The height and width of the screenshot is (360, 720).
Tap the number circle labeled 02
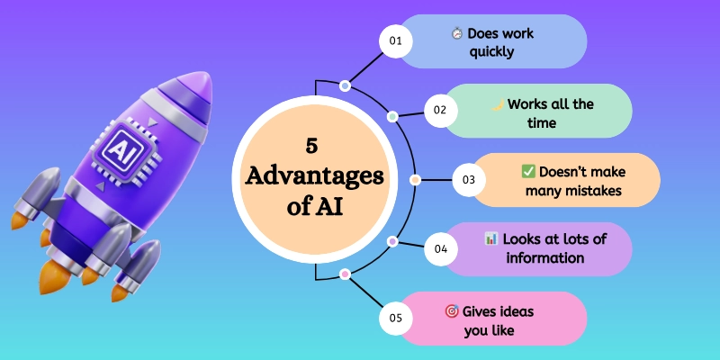(x=440, y=111)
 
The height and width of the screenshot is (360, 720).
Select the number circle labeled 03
(x=468, y=180)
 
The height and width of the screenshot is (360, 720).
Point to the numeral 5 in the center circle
(x=310, y=144)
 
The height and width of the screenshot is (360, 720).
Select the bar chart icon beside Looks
(x=490, y=239)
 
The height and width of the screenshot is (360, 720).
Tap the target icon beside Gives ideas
(x=452, y=310)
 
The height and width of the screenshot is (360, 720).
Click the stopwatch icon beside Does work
(x=457, y=34)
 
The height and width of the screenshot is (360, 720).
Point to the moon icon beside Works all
(x=496, y=103)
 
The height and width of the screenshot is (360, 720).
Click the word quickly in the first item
(x=491, y=51)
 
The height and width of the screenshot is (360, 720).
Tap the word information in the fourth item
(x=544, y=258)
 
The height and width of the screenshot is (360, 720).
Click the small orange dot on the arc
(x=414, y=180)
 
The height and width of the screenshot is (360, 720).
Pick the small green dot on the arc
(x=391, y=117)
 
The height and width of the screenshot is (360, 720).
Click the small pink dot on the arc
(x=345, y=274)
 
